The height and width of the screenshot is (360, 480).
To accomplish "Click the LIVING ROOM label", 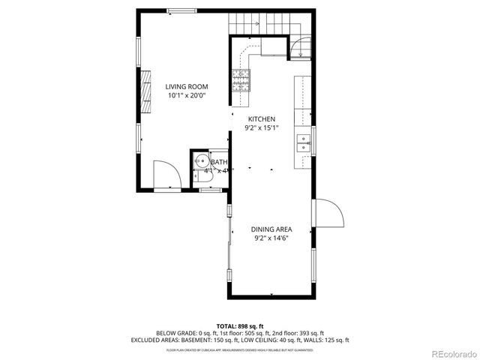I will click(x=186, y=87).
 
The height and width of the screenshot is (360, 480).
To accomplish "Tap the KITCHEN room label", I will click(x=262, y=118).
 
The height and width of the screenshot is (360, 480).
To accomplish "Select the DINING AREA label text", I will click(x=271, y=229).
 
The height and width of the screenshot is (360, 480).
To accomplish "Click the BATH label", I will click(x=218, y=162).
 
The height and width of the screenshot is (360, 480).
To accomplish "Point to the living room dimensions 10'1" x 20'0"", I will click(x=186, y=96).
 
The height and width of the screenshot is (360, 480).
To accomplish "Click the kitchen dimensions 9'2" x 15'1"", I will click(x=262, y=127).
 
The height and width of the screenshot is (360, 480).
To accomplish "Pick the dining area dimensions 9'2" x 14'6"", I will click(x=271, y=238).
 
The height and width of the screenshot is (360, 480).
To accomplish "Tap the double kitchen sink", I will click(x=304, y=142).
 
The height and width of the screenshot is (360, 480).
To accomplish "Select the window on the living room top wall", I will click(x=180, y=10).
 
